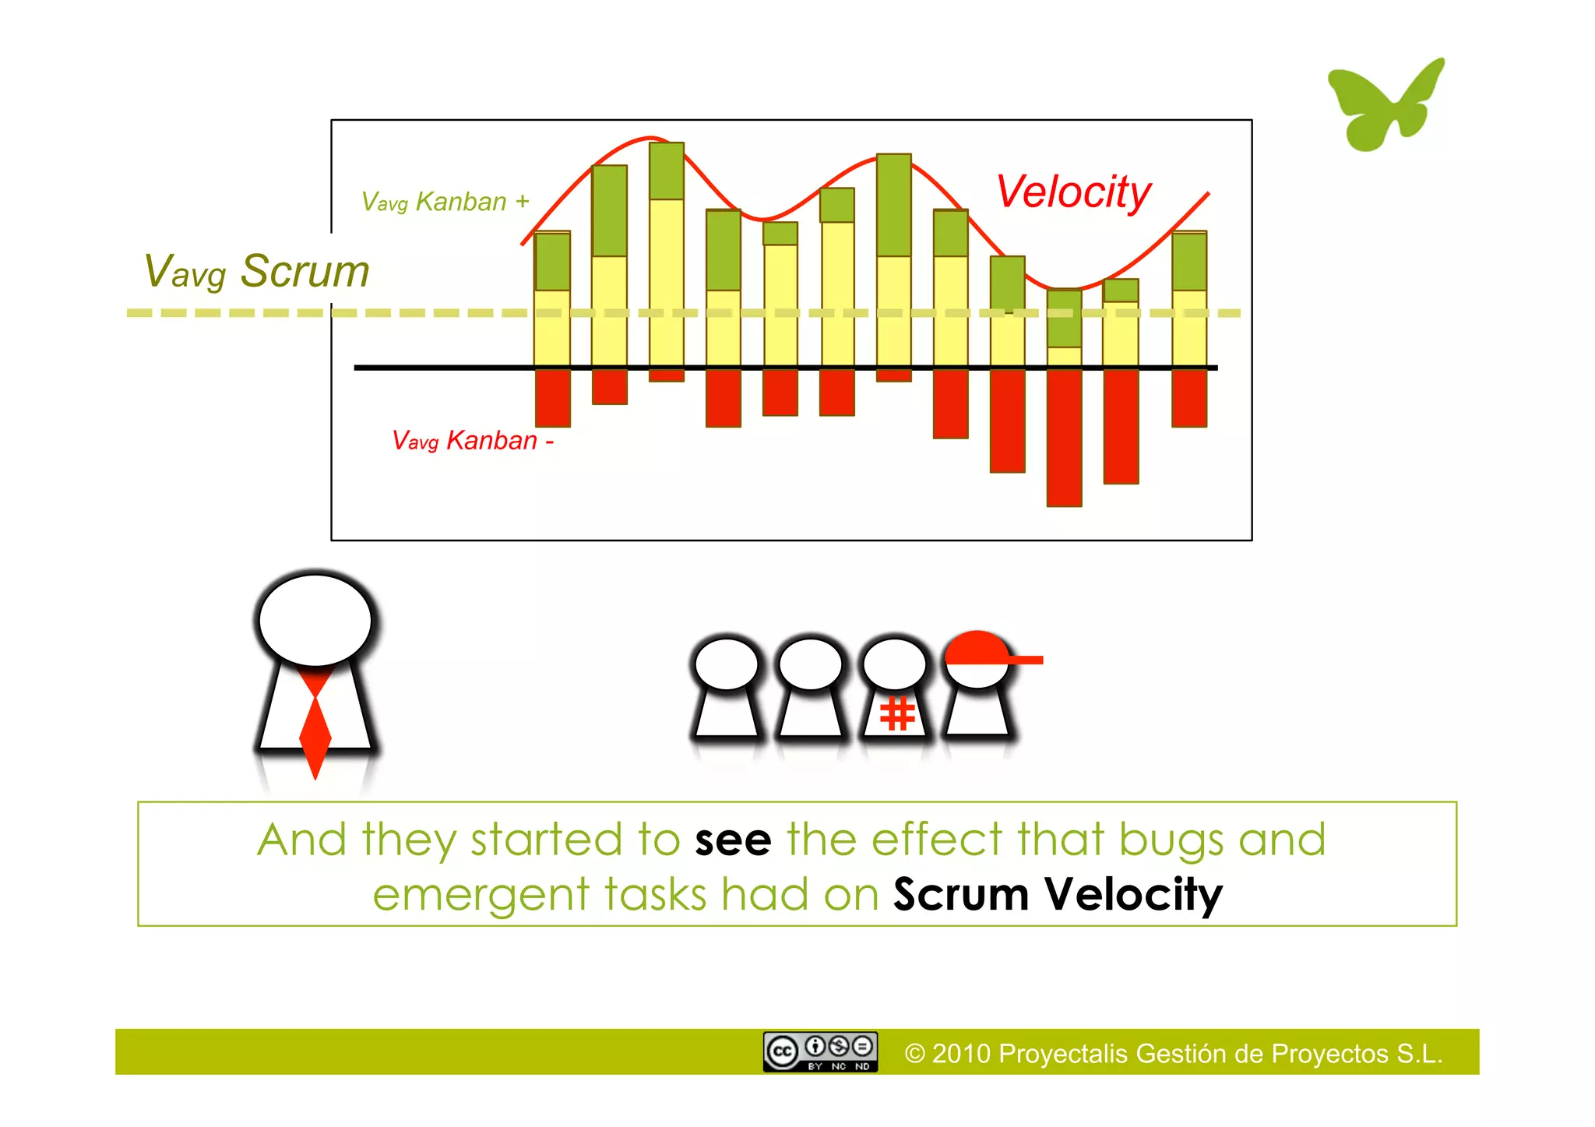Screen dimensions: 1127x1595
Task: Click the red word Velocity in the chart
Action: tap(1073, 192)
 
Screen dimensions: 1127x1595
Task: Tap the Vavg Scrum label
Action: tap(256, 271)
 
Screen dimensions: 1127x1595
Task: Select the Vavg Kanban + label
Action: tap(445, 202)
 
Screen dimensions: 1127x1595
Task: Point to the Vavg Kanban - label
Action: tap(472, 441)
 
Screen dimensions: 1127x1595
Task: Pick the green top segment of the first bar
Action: tap(552, 262)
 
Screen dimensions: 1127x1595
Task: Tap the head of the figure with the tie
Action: tap(315, 621)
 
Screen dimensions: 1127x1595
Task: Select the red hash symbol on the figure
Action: tap(896, 713)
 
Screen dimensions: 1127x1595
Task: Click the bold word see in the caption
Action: tap(732, 840)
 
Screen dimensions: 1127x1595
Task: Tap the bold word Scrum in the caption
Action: tap(960, 894)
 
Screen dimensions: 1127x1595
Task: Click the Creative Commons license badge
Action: tap(820, 1052)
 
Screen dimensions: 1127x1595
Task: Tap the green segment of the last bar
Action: tap(1189, 261)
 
